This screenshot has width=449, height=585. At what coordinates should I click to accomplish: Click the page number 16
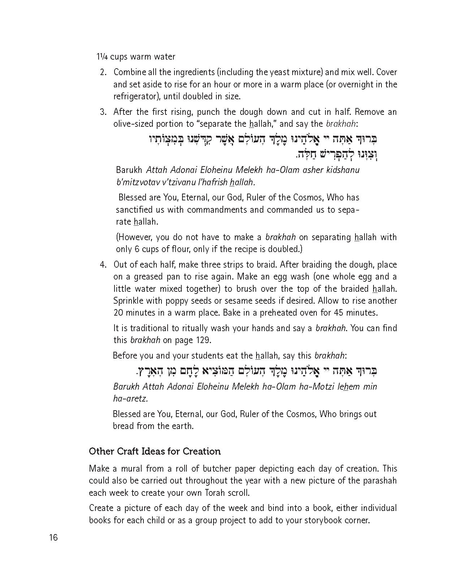click(53, 538)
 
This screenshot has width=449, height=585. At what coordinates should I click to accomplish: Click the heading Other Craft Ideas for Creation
click(155, 451)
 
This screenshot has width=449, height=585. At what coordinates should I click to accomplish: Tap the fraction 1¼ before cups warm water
click(102, 57)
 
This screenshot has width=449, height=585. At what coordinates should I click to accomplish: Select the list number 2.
click(103, 72)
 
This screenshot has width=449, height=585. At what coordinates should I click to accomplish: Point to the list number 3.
click(103, 112)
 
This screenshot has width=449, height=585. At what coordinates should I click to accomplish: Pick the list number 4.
click(103, 265)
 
